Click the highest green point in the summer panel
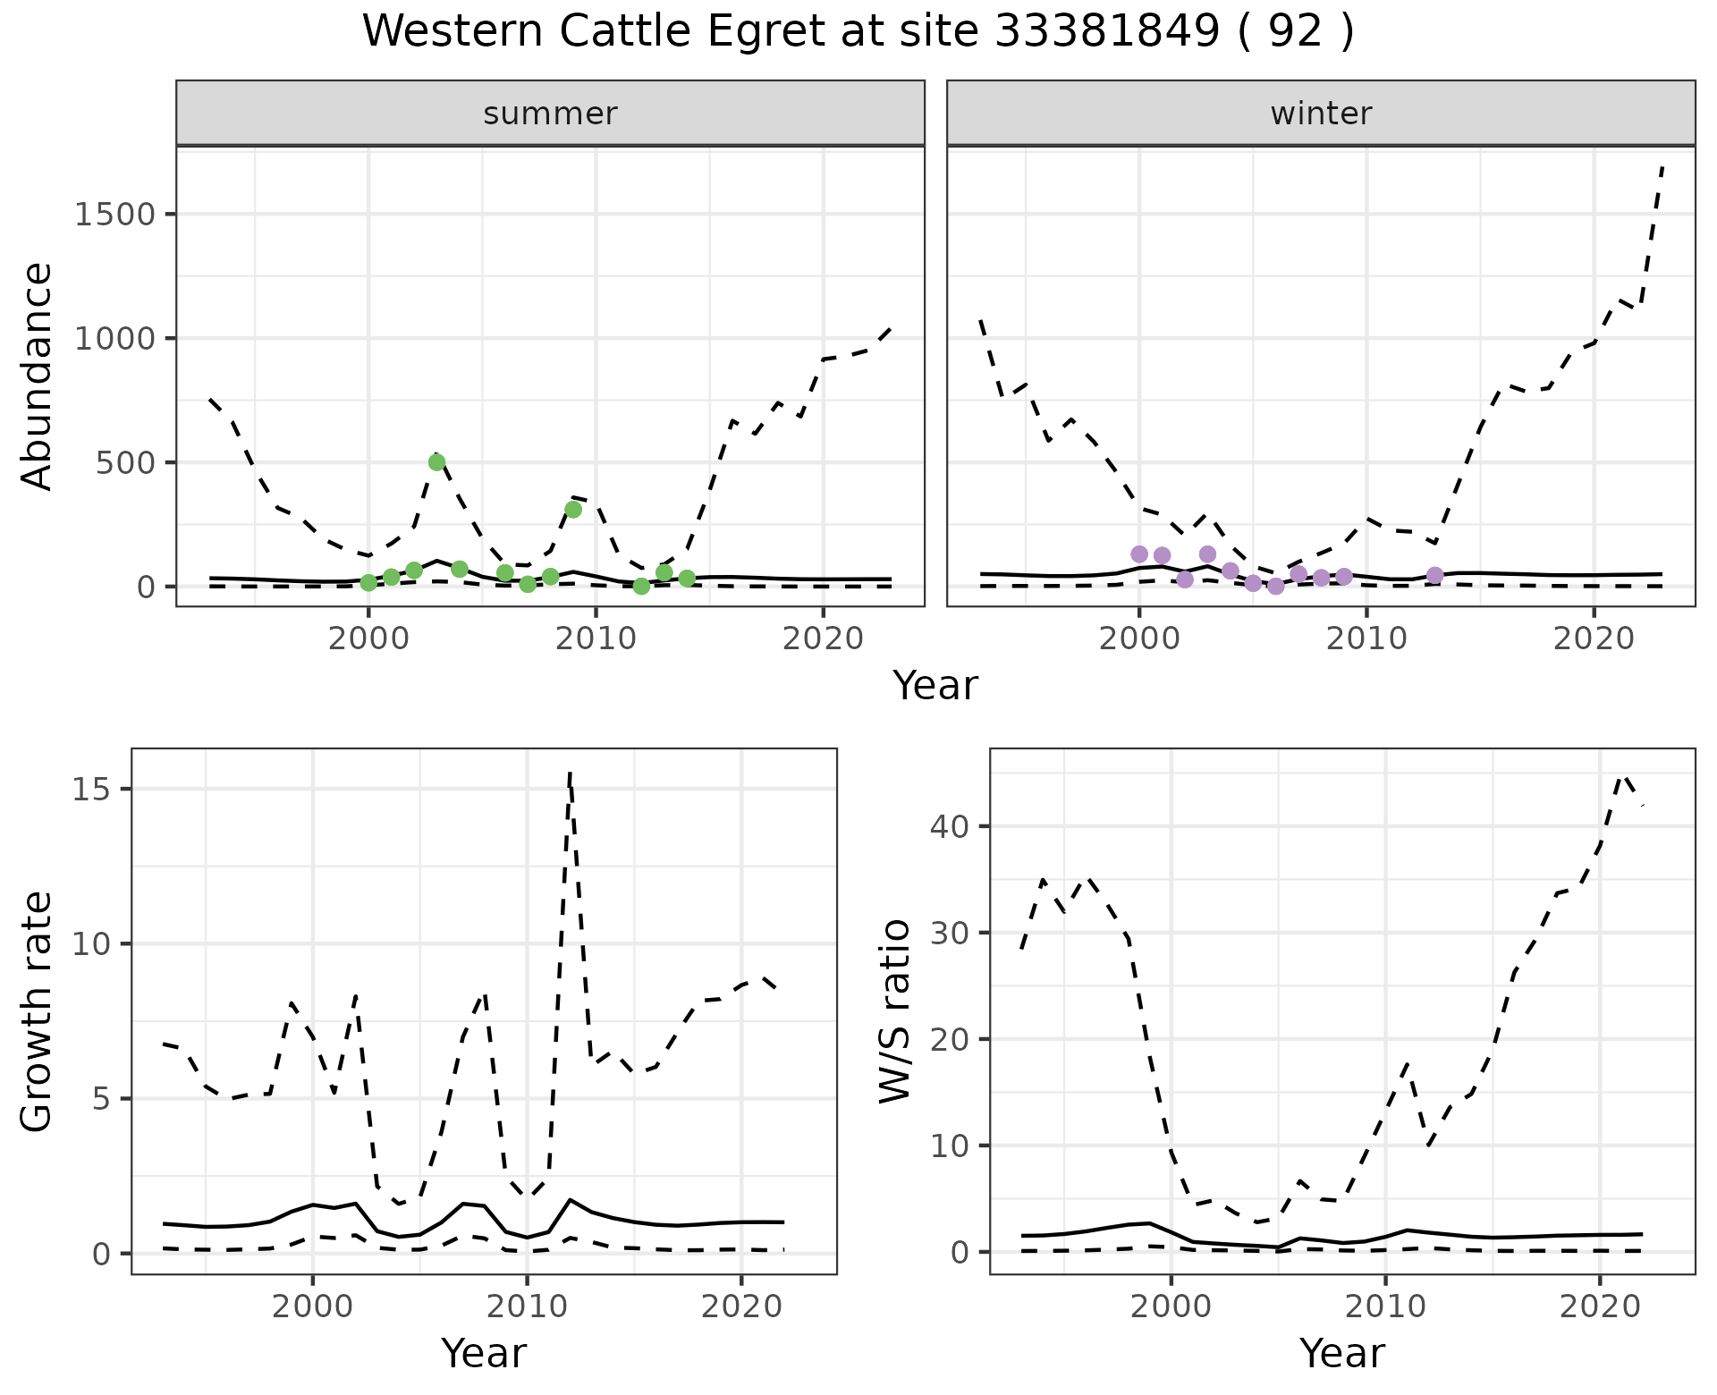pos(436,462)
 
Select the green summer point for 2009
pos(573,510)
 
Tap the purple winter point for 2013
pos(1434,575)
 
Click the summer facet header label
pos(550,114)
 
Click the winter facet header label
pos(1321,114)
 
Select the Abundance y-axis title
pos(38,376)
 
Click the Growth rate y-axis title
pos(38,1011)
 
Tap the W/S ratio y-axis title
pos(895,1011)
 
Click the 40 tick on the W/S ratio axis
pos(951,825)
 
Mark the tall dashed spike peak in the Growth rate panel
pos(570,774)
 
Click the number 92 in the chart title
pos(1295,32)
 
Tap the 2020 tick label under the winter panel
pos(1593,638)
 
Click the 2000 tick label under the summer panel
pos(368,638)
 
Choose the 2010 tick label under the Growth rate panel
pos(527,1306)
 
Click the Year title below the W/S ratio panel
pos(1341,1353)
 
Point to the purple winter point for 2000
pos(1138,554)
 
